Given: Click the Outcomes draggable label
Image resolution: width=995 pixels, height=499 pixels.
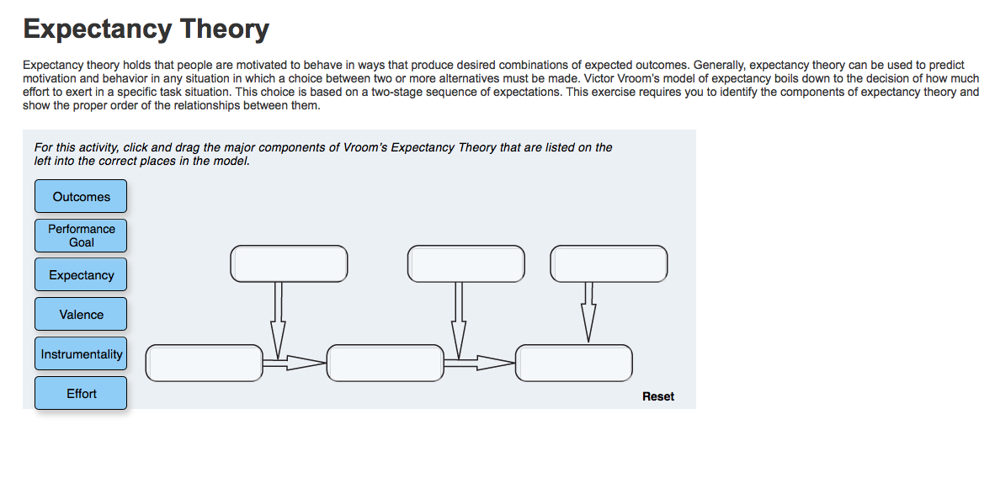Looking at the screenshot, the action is click(81, 197).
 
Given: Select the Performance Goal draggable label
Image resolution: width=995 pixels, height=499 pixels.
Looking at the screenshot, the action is click(81, 236).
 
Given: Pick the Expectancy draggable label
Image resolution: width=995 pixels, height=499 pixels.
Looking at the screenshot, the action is click(81, 275).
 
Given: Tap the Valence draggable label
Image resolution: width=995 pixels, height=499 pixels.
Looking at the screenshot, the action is click(81, 315).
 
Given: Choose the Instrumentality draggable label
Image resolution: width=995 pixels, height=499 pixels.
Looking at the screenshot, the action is click(81, 353).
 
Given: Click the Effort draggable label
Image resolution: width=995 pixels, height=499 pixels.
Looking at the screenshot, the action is click(81, 394).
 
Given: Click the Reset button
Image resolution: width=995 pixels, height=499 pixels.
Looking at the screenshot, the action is click(658, 396).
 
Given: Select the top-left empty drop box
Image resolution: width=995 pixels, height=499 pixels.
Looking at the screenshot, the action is click(289, 263).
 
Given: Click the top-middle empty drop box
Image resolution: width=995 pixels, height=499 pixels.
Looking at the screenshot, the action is click(466, 263).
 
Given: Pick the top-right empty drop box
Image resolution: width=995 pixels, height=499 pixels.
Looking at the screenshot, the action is click(609, 263).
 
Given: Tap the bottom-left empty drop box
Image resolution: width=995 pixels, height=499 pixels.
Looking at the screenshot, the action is click(205, 364).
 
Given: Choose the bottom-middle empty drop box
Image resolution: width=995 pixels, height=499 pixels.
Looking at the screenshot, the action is click(386, 364).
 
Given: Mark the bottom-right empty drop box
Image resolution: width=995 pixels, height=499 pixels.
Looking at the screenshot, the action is click(573, 364).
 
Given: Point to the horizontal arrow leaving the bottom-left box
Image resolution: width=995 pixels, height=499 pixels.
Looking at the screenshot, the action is click(295, 364).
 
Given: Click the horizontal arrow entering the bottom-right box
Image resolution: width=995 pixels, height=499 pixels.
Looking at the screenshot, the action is click(479, 364).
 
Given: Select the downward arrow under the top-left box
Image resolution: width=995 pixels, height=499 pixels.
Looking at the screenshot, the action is click(277, 321).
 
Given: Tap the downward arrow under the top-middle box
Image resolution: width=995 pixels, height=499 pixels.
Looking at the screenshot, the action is click(459, 321).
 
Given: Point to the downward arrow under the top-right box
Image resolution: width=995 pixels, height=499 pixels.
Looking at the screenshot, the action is click(588, 312).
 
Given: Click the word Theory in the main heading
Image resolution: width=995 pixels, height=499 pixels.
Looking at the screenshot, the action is click(224, 29).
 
